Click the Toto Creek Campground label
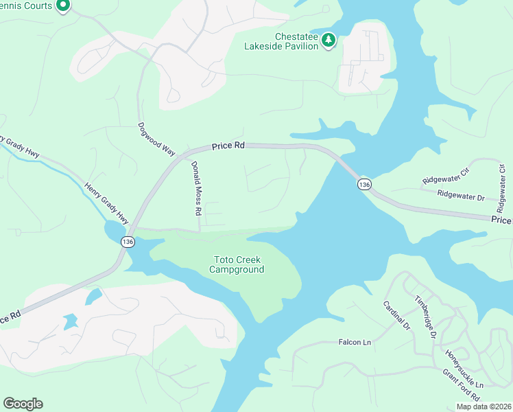(237, 265)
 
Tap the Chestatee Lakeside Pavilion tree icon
(329, 41)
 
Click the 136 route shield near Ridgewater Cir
(364, 184)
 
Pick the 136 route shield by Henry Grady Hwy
(128, 242)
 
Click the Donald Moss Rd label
(195, 186)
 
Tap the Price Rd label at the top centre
(228, 146)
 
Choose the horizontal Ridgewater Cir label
(445, 180)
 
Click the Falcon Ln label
(355, 342)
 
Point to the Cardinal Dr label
(396, 315)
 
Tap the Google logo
(23, 404)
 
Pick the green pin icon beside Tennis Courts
(63, 7)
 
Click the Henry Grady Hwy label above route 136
(106, 203)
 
